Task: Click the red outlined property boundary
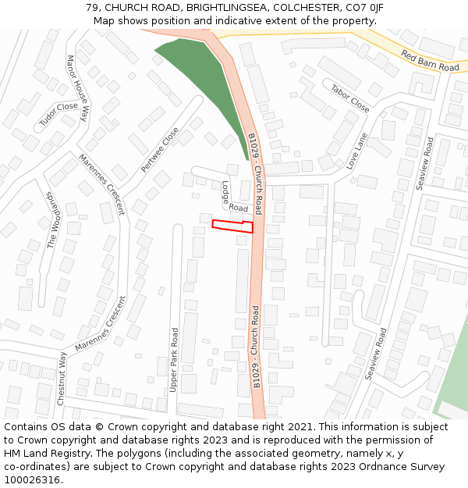(x=232, y=226)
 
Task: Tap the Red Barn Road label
(x=430, y=61)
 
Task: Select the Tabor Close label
(x=350, y=99)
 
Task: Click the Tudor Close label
(x=58, y=116)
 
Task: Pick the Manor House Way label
(x=78, y=87)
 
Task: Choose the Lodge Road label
(x=232, y=198)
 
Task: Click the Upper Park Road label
(x=175, y=359)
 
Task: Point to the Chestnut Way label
(x=62, y=378)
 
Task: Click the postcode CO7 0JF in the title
(x=365, y=8)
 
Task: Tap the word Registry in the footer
(x=80, y=454)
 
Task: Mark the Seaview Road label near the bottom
(x=376, y=354)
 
